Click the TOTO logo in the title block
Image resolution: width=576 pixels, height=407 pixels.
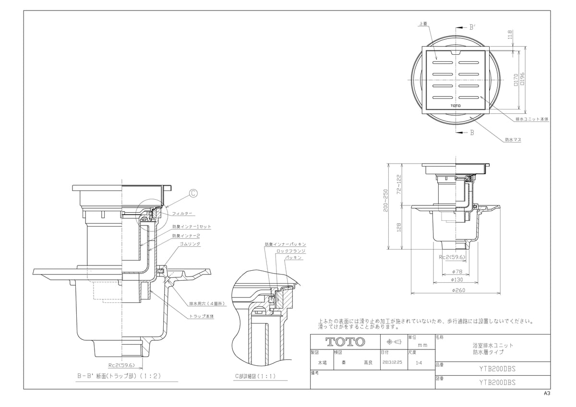coord(346,342)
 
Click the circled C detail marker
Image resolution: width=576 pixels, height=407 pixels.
coord(192,194)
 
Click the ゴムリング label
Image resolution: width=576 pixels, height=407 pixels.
coord(190,244)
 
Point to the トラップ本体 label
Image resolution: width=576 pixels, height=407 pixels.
coord(202,316)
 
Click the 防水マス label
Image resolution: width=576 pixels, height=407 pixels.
coord(513,140)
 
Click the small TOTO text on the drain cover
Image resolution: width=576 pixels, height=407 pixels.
coord(456,105)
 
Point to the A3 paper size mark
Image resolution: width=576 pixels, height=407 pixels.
coord(547,393)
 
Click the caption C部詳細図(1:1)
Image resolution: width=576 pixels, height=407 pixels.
coord(255,376)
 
